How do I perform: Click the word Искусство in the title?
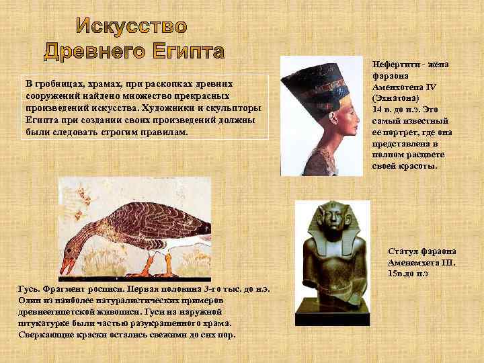(x=131, y=26)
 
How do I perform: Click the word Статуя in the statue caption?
(x=405, y=251)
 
